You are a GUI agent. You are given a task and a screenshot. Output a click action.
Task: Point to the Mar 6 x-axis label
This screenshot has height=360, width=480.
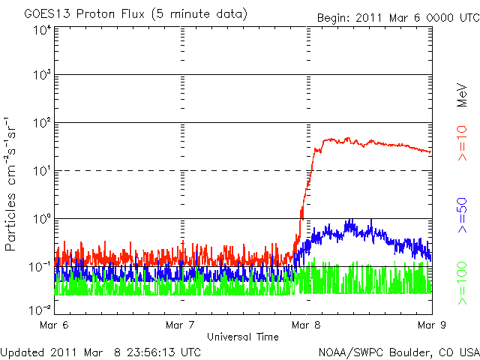point(55,326)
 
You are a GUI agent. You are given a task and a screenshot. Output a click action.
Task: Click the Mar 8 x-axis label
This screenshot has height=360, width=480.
point(307,326)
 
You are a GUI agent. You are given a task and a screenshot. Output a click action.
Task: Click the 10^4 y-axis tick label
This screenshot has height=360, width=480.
point(40,30)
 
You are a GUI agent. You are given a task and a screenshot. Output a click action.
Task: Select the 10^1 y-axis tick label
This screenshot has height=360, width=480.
point(40,172)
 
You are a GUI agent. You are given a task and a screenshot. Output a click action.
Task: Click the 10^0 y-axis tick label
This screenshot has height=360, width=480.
point(40,220)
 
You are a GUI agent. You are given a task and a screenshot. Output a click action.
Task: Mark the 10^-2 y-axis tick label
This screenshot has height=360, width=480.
point(39,310)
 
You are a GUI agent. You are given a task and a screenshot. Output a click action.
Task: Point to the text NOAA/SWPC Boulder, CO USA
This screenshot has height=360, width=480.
point(397,352)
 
